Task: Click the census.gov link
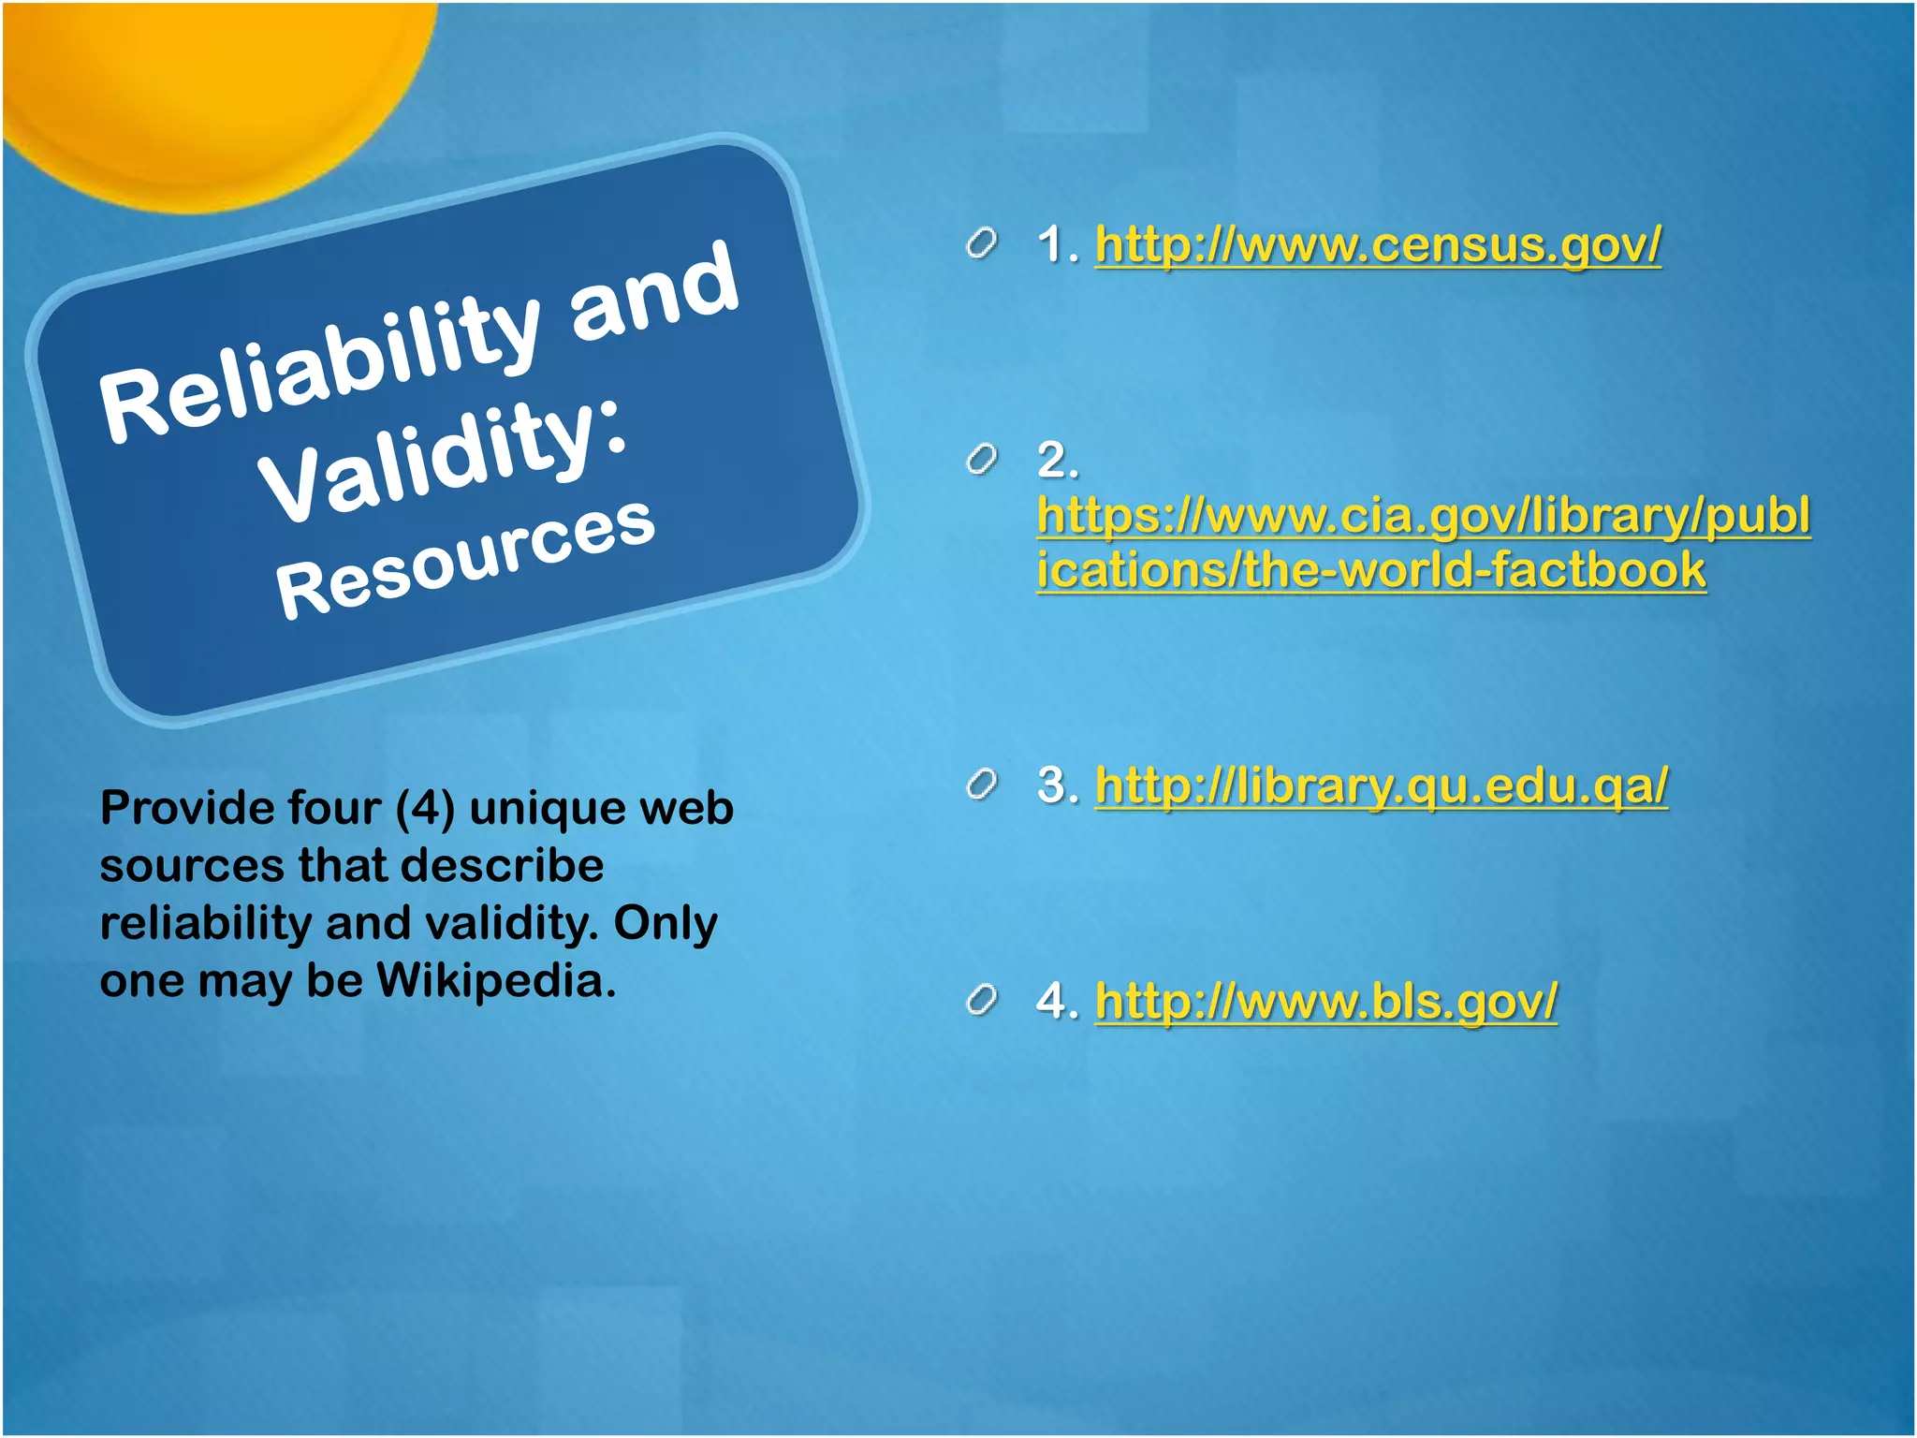pos(1377,245)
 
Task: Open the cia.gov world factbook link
pos(1423,542)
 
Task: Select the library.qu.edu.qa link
pos(1381,785)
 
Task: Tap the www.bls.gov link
pos(1325,1001)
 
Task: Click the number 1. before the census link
pos(1057,245)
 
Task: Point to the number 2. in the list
pos(1057,461)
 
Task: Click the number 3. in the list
pos(1057,785)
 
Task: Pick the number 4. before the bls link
pos(1057,1001)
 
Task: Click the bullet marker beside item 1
pos(980,245)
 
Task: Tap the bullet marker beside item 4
pos(980,1002)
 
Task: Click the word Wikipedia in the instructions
pos(496,980)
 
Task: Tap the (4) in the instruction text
pos(425,809)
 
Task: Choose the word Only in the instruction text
pos(665,923)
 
